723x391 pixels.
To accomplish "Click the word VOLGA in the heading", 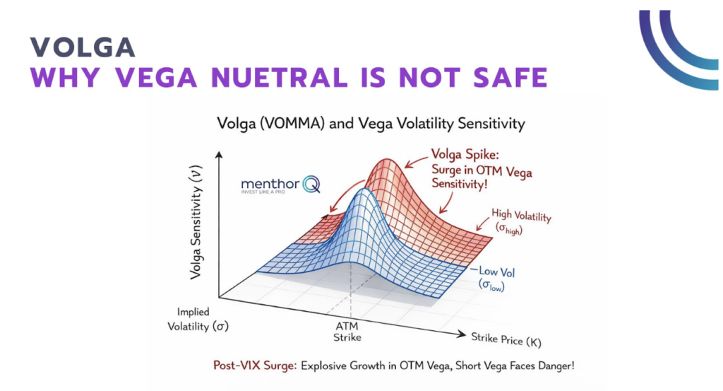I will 83,47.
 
